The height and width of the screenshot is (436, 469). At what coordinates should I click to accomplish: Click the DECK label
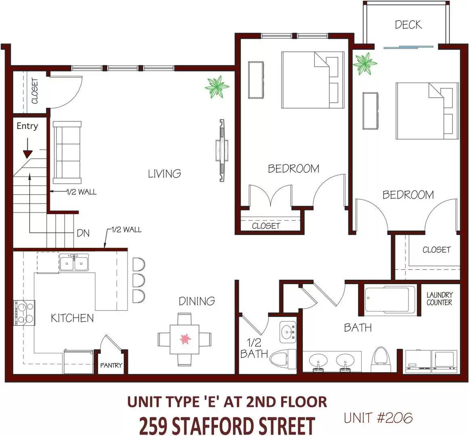click(x=408, y=25)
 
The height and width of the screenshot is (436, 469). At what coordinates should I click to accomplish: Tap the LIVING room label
click(x=165, y=174)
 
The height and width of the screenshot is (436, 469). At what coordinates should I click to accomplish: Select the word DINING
click(x=197, y=301)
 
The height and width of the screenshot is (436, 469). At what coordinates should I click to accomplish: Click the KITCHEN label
click(x=72, y=318)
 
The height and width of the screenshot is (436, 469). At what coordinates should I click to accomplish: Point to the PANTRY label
click(x=111, y=365)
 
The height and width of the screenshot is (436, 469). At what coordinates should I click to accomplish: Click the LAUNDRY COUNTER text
click(x=440, y=299)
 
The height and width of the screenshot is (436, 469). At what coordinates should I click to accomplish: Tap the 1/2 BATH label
click(x=254, y=348)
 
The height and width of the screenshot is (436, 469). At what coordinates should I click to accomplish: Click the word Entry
click(x=27, y=126)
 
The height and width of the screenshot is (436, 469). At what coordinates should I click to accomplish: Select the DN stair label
click(x=83, y=233)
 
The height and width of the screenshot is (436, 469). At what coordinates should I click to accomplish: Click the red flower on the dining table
click(x=185, y=339)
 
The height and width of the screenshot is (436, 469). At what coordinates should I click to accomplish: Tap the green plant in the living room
click(x=217, y=87)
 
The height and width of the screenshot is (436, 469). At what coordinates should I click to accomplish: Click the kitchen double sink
click(x=74, y=262)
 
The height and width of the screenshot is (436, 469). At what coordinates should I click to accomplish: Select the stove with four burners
click(x=24, y=313)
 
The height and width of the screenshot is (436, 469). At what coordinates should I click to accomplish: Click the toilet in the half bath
click(x=283, y=358)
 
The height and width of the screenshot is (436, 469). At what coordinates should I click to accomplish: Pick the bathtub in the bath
click(x=390, y=300)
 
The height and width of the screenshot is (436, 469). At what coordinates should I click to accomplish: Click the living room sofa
click(x=67, y=152)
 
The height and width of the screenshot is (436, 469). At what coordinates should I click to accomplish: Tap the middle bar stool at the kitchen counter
click(x=139, y=281)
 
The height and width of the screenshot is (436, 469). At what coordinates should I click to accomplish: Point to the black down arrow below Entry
click(x=27, y=148)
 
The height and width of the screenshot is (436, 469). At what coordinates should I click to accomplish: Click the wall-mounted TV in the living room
click(x=222, y=151)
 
